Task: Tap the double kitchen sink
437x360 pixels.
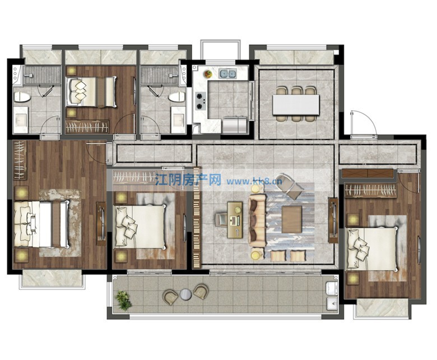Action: pos(227,73)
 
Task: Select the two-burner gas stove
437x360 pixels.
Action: pos(201,101)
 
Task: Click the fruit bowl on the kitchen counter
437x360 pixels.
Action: pos(208,73)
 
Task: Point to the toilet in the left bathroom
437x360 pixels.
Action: pos(22,96)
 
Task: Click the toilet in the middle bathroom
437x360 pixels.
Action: pos(177,98)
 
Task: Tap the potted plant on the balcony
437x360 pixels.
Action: pos(124,300)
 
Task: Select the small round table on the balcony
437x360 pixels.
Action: pos(185,294)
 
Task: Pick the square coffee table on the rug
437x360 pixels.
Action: pos(292,219)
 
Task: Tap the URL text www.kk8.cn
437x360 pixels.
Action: pos(254,182)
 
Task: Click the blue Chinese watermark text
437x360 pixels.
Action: pos(188,180)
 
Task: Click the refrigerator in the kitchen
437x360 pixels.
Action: pos(234,125)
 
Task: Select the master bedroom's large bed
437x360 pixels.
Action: pos(41,224)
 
